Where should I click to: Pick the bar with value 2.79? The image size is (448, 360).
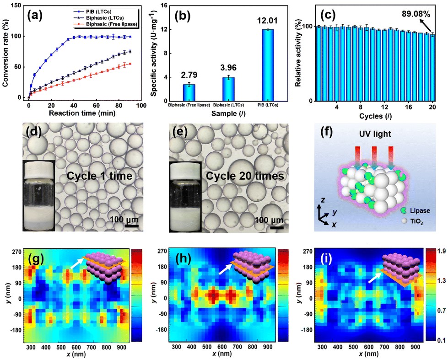189,92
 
